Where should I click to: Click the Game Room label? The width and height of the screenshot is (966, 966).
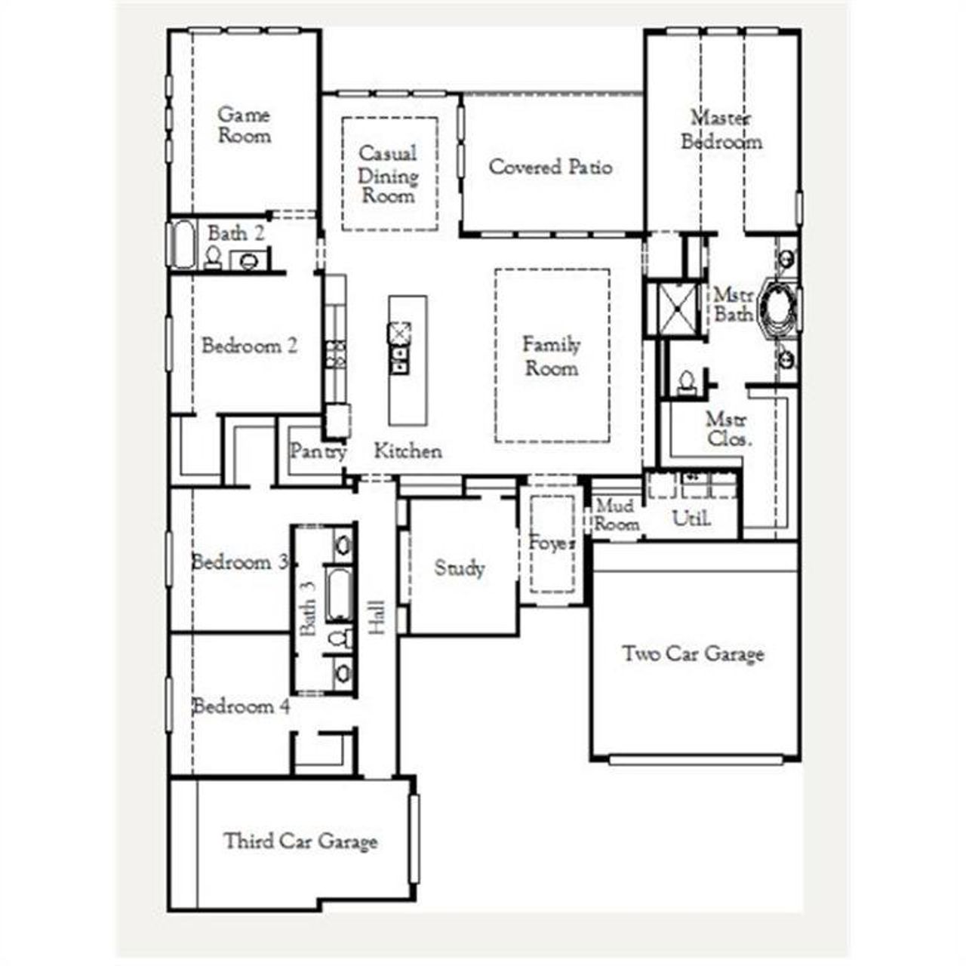[244, 125]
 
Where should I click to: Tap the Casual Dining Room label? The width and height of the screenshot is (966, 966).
[388, 174]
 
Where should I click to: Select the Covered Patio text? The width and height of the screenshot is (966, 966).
[550, 167]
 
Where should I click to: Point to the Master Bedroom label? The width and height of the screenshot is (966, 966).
[721, 130]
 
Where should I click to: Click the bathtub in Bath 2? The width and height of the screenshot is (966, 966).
[181, 244]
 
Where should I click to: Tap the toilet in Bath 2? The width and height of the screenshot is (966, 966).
[214, 258]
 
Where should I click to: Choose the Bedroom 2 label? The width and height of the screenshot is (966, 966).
[249, 346]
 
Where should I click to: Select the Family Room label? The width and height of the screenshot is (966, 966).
[552, 356]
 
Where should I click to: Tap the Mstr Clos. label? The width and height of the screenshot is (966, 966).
[729, 429]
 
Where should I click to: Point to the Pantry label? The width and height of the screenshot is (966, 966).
[318, 451]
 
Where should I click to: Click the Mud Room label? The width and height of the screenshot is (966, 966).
[616, 515]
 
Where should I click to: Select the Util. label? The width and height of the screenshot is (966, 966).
[691, 518]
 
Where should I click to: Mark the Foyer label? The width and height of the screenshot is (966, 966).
[552, 543]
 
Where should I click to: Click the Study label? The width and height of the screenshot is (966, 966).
[459, 568]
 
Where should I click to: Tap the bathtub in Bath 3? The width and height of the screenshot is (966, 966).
[339, 595]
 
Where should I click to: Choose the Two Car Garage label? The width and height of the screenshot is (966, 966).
[693, 654]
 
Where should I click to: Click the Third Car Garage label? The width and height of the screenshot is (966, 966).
[300, 841]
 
